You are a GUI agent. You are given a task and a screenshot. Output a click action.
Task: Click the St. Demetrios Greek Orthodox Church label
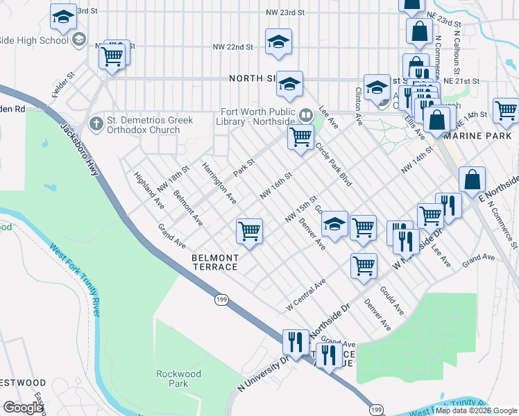pos(150,125)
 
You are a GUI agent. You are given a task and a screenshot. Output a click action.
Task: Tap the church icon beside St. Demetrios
pos(96,125)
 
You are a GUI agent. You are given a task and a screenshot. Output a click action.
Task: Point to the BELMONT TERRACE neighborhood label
pos(214,262)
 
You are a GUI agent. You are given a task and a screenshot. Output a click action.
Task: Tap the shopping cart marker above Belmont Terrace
pos(249,231)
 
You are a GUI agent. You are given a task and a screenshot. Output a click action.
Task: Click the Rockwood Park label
pos(178,379)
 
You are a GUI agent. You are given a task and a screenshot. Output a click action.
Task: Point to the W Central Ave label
pos(306,295)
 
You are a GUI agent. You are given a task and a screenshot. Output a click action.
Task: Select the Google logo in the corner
pos(23,408)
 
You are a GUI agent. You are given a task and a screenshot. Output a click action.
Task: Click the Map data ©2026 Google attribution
pos(475,410)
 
